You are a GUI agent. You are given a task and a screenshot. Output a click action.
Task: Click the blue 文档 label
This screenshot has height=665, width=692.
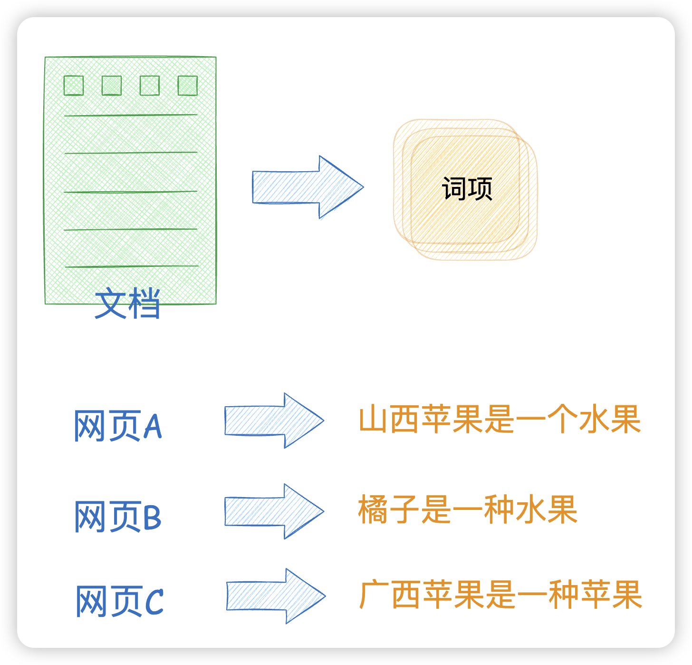[x=127, y=303]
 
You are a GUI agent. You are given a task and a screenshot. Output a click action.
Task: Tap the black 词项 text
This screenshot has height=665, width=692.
[x=467, y=189]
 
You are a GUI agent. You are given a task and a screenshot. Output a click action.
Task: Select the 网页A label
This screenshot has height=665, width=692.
[x=118, y=426]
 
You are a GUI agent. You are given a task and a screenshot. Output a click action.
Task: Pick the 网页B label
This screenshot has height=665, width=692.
[x=118, y=517]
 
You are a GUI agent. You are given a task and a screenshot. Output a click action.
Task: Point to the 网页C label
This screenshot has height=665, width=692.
[x=120, y=601]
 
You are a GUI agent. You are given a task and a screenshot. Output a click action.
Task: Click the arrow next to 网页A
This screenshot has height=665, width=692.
[x=273, y=421]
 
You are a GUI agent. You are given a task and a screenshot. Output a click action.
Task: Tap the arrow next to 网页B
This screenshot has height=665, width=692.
[x=273, y=511]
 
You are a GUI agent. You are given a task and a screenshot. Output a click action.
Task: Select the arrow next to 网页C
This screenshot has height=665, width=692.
[x=275, y=596]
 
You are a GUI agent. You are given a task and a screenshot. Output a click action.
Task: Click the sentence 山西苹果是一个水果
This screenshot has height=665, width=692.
[x=500, y=420]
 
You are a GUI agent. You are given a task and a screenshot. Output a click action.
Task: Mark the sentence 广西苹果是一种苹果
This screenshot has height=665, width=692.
[x=501, y=595]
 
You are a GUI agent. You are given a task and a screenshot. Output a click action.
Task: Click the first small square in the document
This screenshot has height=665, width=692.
[x=74, y=86]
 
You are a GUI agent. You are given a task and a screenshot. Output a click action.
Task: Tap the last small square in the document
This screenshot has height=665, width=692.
[x=188, y=86]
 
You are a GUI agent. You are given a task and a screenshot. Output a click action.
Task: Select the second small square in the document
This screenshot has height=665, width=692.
[x=112, y=86]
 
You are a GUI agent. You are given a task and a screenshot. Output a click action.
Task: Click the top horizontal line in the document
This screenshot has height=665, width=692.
[x=131, y=115]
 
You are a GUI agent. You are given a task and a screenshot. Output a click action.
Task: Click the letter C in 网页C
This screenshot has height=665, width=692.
[x=154, y=602]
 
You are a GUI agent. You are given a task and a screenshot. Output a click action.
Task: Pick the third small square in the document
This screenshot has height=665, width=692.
[x=150, y=86]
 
